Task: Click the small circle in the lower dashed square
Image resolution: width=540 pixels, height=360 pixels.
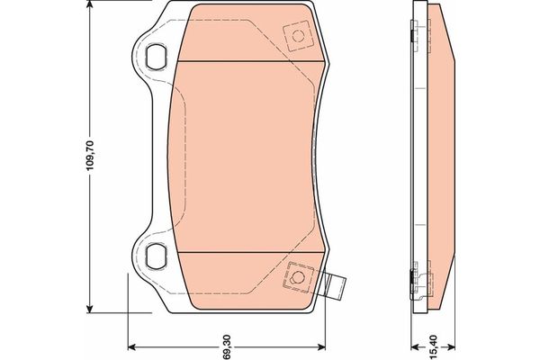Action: pyautogui.click(x=295, y=275)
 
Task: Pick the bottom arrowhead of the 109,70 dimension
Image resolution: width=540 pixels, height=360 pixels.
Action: pyautogui.click(x=90, y=310)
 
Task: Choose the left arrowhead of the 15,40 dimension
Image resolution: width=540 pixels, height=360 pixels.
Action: pyautogui.click(x=412, y=346)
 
